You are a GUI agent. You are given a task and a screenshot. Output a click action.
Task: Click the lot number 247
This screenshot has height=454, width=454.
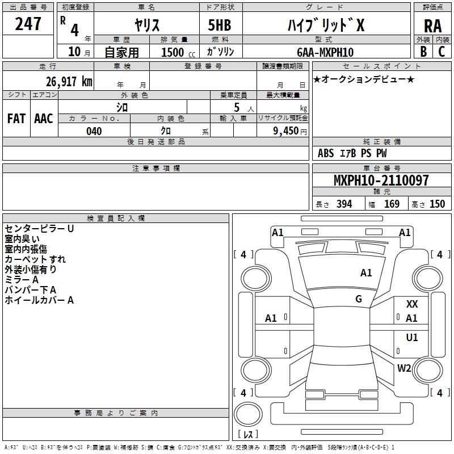pos(28,24)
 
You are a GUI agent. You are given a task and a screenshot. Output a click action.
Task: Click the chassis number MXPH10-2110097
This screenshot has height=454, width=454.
pos(381,180)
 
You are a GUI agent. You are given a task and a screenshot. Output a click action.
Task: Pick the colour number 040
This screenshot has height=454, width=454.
pos(94,131)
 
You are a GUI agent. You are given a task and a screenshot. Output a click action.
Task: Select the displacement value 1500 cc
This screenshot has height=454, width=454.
pos(175,52)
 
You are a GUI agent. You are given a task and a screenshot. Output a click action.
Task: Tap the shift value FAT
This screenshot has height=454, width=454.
pos(16,118)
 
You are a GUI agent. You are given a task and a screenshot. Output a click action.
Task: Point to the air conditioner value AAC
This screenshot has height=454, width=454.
pos(44,118)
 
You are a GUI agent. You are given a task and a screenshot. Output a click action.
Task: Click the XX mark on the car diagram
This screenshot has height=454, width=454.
pos(412,304)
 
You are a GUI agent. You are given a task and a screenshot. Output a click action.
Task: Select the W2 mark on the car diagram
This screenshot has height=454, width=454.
pos(404,368)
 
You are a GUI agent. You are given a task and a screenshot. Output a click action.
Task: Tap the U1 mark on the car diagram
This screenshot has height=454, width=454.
pos(412,338)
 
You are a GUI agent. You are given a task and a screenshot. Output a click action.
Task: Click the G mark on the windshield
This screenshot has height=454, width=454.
pos(359,299)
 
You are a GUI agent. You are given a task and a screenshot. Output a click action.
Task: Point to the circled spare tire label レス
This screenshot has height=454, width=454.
pos(248,434)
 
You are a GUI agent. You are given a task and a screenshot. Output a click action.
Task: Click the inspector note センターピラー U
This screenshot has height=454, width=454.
pos(39,229)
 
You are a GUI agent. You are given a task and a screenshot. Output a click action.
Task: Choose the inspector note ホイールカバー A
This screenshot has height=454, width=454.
pos(39,300)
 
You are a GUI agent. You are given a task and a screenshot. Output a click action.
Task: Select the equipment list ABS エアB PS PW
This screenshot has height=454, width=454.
pos(352,153)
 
